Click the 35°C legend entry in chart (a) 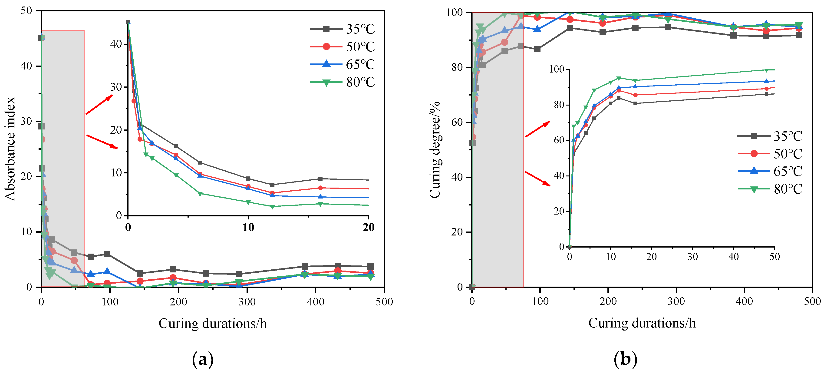pyautogui.click(x=342, y=29)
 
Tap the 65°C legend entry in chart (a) pyautogui.click(x=342, y=64)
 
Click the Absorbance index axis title pyautogui.click(x=10, y=149)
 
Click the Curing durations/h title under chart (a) pyautogui.click(x=212, y=324)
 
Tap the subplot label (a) pyautogui.click(x=202, y=360)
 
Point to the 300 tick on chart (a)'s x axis pyautogui.click(x=247, y=302)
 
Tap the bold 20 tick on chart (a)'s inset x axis pyautogui.click(x=369, y=228)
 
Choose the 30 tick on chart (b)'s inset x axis pyautogui.click(x=692, y=257)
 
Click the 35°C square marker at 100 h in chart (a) pyautogui.click(x=107, y=254)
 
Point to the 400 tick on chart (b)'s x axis pyautogui.click(x=744, y=302)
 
